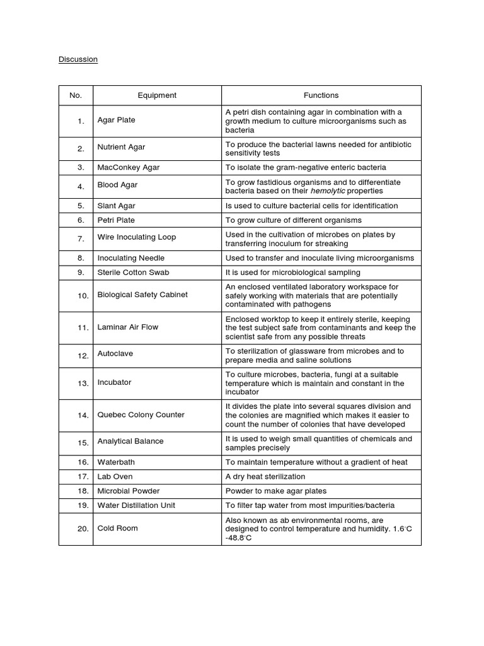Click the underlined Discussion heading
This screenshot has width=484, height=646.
pos(78,59)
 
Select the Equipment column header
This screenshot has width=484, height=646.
pos(157,95)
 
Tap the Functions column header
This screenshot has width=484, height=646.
pos(321,95)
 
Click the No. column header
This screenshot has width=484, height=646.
pos(76,95)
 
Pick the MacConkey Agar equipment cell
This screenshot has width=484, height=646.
pos(129,167)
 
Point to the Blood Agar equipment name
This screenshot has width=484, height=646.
pos(117,185)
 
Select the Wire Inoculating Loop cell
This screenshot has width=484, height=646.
pos(137,237)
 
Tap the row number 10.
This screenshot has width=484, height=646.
pos(83,296)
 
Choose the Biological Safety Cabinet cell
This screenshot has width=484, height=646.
pos(142,295)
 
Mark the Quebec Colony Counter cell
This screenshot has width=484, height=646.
pos(141,414)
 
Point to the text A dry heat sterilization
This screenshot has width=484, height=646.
pos(265,476)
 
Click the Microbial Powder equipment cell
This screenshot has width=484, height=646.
pos(129,491)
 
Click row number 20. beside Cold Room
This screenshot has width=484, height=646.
pos(83,529)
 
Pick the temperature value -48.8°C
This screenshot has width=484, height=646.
pos(239,537)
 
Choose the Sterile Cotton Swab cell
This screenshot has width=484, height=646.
pos(133,273)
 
